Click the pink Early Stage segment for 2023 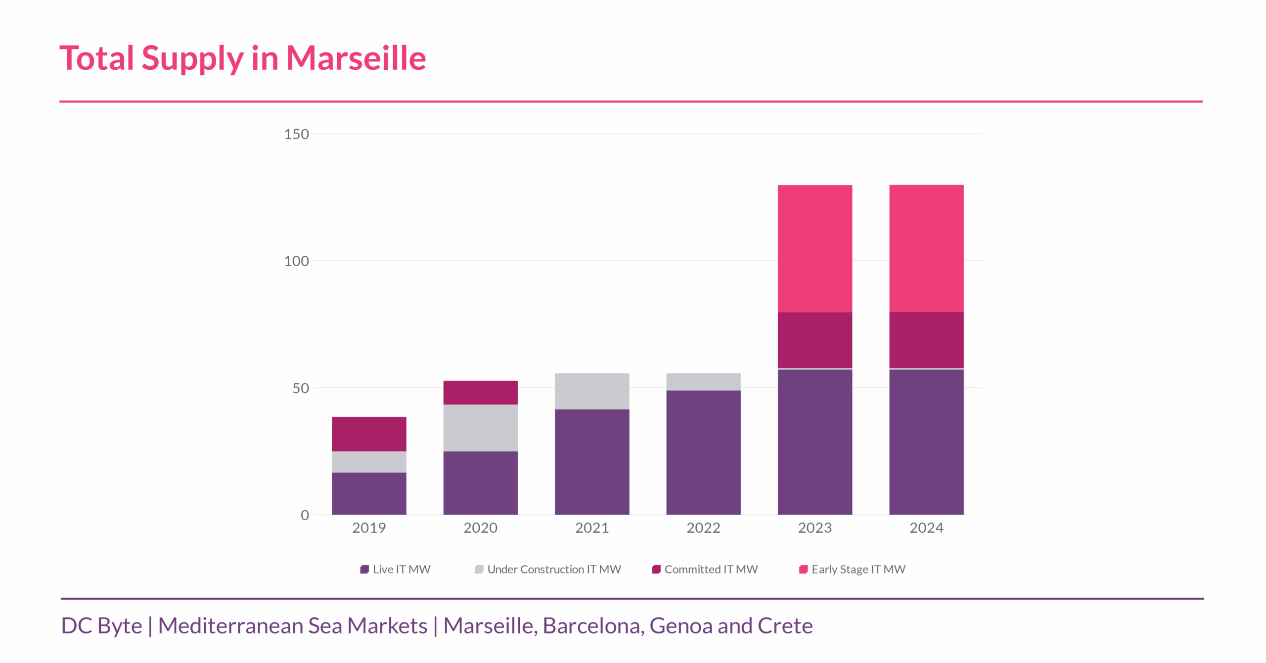814,248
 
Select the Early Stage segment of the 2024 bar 926,248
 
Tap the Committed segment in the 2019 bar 369,434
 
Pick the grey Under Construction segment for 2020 480,427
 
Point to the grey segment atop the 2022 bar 703,381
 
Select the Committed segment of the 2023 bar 814,340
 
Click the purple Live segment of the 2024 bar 926,442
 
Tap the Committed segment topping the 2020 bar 480,392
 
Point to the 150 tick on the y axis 296,134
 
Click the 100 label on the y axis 296,261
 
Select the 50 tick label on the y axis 300,388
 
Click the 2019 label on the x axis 369,528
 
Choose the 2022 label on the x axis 703,528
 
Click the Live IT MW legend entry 396,569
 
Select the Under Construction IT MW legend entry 548,569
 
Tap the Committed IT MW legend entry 705,569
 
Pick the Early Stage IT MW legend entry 853,569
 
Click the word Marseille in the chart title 356,58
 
